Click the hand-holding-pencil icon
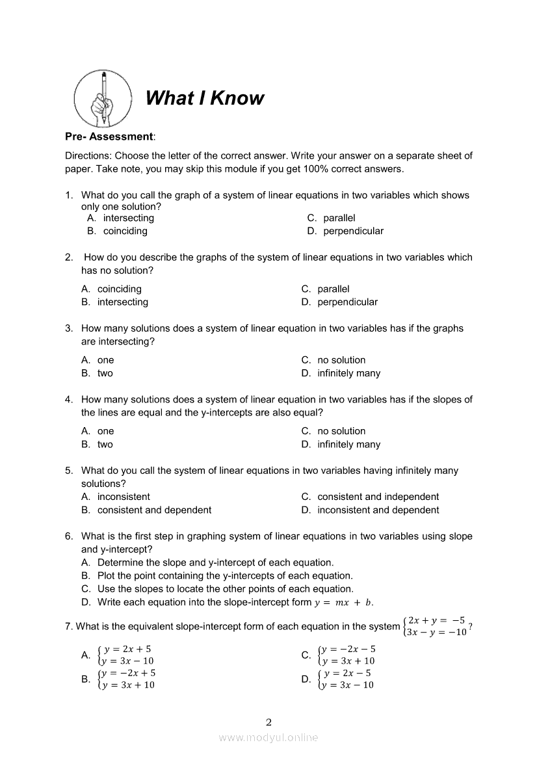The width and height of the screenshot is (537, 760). point(103,99)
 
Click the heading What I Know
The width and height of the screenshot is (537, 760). point(205,98)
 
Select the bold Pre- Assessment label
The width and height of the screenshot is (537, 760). point(109,137)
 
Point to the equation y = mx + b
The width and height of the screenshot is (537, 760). point(344,603)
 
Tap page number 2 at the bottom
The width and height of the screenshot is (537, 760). point(268,722)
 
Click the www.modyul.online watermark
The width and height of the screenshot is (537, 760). point(268,737)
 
